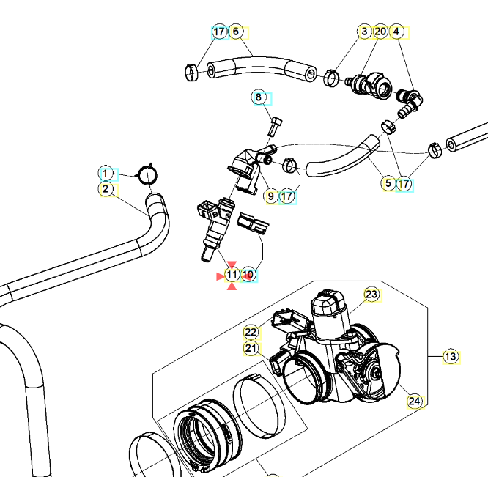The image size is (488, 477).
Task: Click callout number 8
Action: (259, 97)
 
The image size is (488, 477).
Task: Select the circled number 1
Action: (106, 174)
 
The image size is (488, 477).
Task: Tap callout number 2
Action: (106, 189)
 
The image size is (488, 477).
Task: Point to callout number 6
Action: (236, 32)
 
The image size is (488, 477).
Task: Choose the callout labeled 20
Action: (380, 32)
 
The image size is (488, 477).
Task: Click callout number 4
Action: (396, 32)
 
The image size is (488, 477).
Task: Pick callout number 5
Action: (388, 183)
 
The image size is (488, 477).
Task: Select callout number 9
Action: (271, 196)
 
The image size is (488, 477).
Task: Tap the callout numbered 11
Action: (232, 275)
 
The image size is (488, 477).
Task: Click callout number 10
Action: (248, 275)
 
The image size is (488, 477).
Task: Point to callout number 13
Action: (451, 357)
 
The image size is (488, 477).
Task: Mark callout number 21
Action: (251, 348)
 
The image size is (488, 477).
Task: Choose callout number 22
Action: (251, 333)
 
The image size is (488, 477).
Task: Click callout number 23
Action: (372, 295)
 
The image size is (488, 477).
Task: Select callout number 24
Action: (415, 401)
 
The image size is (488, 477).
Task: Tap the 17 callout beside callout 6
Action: (219, 32)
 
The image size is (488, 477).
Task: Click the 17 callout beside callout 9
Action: (287, 196)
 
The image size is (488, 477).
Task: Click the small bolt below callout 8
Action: (275, 127)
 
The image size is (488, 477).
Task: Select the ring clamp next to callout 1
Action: (147, 175)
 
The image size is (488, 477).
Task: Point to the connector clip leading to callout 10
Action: (253, 224)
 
